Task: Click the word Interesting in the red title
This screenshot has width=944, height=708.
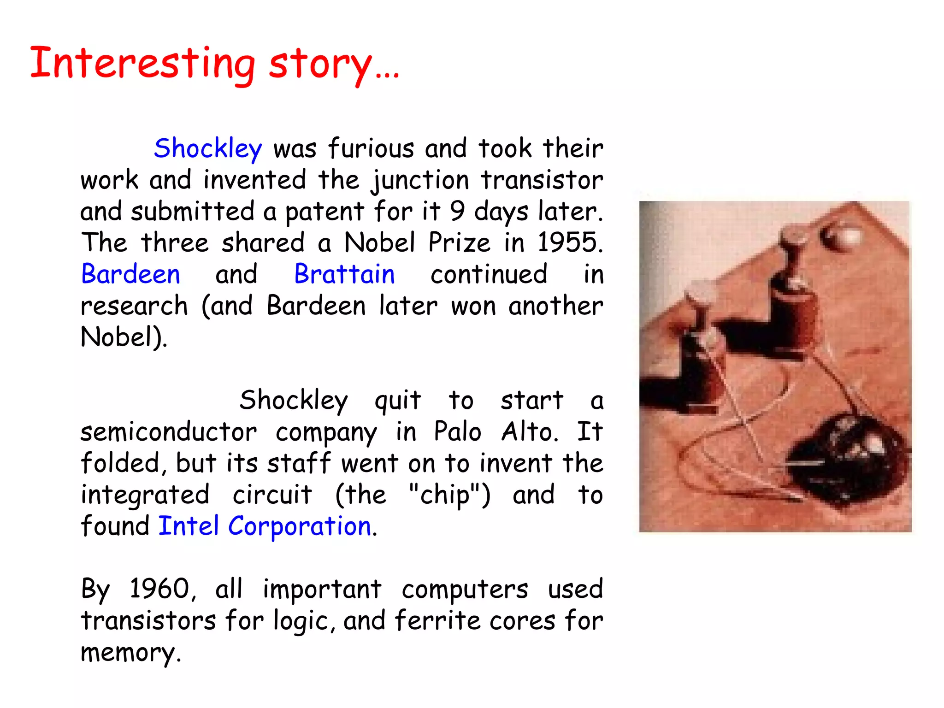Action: click(142, 63)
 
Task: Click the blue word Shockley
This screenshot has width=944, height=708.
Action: click(208, 148)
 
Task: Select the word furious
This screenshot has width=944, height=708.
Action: click(371, 148)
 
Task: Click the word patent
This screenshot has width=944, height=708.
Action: click(325, 212)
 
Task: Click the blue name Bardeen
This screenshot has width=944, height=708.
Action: click(130, 274)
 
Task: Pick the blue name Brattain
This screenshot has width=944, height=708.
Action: click(344, 274)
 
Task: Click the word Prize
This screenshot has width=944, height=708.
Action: click(459, 242)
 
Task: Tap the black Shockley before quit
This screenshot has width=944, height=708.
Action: click(294, 400)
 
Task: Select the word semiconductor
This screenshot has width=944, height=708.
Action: click(169, 432)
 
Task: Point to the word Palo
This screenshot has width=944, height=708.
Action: click(457, 431)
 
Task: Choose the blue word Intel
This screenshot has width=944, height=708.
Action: click(189, 526)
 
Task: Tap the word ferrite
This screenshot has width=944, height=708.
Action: click(437, 620)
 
